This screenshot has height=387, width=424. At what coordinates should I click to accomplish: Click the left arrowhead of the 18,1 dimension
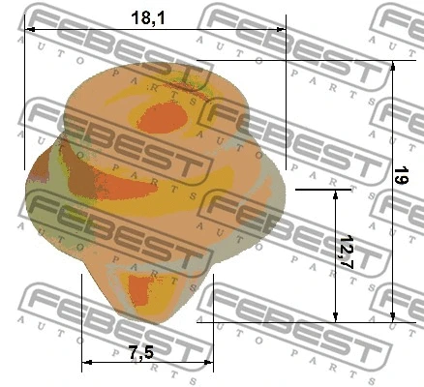(28, 30)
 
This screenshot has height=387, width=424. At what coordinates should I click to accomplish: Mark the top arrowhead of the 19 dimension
(393, 67)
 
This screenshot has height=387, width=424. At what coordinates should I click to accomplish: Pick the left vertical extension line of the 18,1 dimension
(23, 97)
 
